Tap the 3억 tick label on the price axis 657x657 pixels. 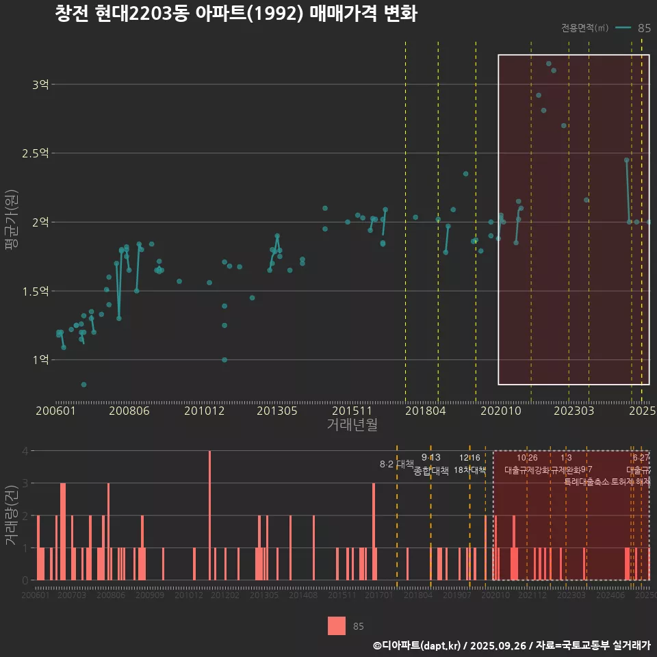click(x=40, y=85)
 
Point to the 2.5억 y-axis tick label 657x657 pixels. click(x=34, y=153)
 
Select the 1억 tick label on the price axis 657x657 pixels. click(x=40, y=360)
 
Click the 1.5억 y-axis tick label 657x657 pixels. click(x=34, y=292)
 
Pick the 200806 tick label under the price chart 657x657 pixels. click(x=129, y=411)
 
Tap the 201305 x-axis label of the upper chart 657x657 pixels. click(x=276, y=411)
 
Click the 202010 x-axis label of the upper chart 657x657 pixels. click(x=500, y=411)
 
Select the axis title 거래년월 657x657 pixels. click(x=352, y=425)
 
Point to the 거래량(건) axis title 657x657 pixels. click(x=12, y=515)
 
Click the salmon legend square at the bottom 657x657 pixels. click(x=337, y=626)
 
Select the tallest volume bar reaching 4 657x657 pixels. click(x=209, y=515)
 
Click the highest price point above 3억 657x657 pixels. click(x=548, y=64)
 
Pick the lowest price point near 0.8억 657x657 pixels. click(x=83, y=385)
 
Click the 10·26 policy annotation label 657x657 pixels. click(x=527, y=458)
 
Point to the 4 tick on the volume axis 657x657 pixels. click(x=25, y=451)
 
